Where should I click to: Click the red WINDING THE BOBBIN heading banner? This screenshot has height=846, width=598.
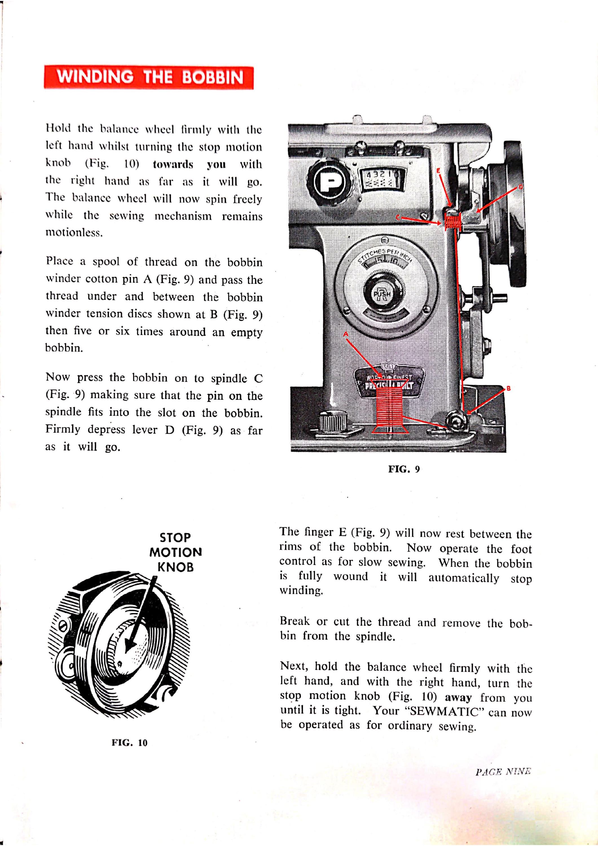(x=149, y=77)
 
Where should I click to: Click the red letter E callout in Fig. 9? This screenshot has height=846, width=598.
(x=438, y=171)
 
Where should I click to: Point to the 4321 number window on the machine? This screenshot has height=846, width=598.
(x=383, y=180)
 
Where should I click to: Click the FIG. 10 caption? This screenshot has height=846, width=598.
(x=129, y=743)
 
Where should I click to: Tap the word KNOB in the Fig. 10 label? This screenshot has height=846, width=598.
(x=175, y=567)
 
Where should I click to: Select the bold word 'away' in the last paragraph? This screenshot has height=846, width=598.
(x=458, y=698)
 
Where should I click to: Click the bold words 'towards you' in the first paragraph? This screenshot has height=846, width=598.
(x=189, y=164)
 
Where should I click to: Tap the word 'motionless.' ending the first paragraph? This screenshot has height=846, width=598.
(x=74, y=233)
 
